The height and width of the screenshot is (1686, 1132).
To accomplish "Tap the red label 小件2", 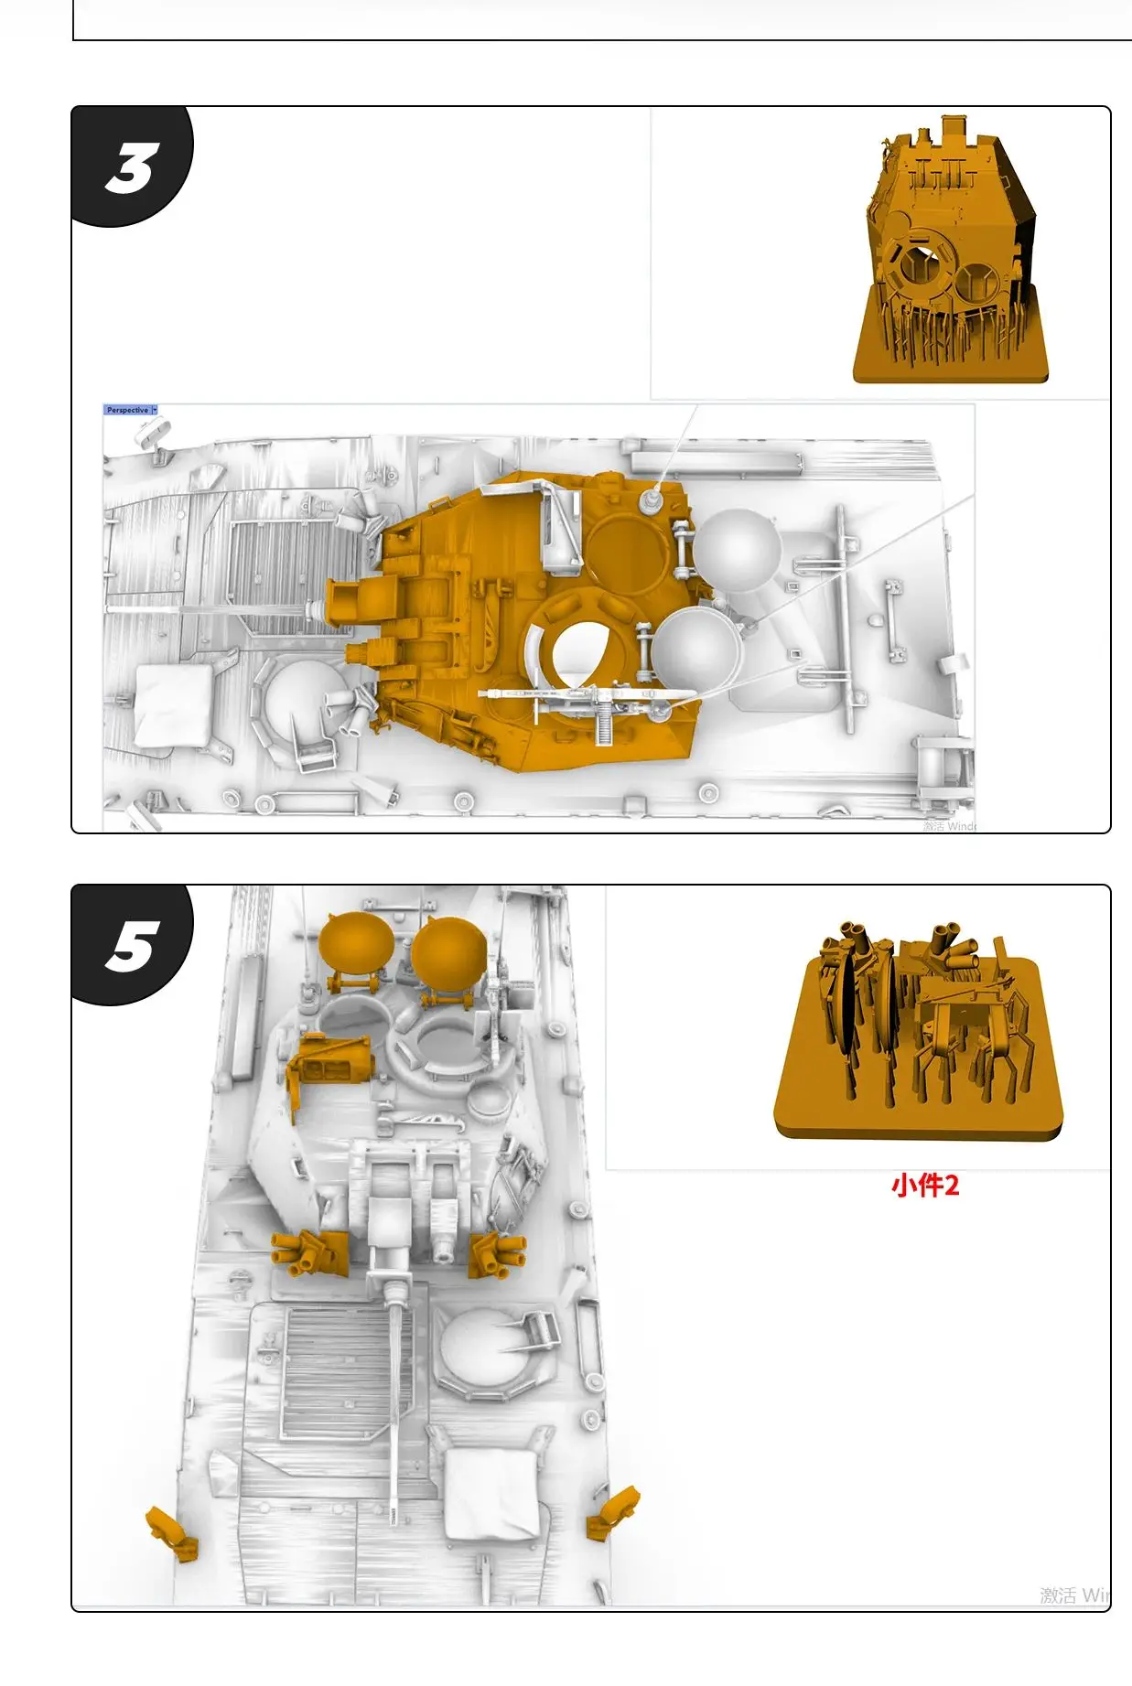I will (x=924, y=1186).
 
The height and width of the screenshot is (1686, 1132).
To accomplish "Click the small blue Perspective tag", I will (x=129, y=410).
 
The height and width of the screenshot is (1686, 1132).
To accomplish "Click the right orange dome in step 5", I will (x=447, y=950).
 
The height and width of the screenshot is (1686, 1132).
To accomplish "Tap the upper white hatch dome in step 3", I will (x=737, y=549).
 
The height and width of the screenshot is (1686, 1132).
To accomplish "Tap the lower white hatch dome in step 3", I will (x=695, y=649).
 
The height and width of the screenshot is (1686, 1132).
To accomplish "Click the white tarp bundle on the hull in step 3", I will (x=174, y=704).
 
